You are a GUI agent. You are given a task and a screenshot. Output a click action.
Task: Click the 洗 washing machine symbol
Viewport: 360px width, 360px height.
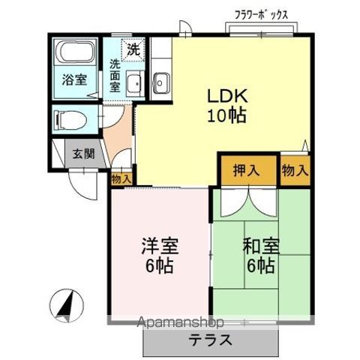(x=133, y=51)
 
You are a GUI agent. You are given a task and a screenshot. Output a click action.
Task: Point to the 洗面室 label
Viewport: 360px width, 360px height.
(x=115, y=75)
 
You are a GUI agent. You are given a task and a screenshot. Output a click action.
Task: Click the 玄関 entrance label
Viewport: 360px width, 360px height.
(x=83, y=154)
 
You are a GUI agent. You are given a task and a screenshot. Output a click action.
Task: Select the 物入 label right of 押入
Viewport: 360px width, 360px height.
(x=295, y=170)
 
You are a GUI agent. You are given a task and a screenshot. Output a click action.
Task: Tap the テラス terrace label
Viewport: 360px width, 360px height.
(x=210, y=340)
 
